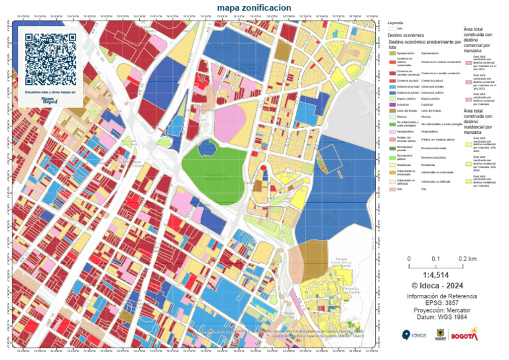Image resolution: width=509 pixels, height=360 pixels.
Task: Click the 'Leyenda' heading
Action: click(x=395, y=23)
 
